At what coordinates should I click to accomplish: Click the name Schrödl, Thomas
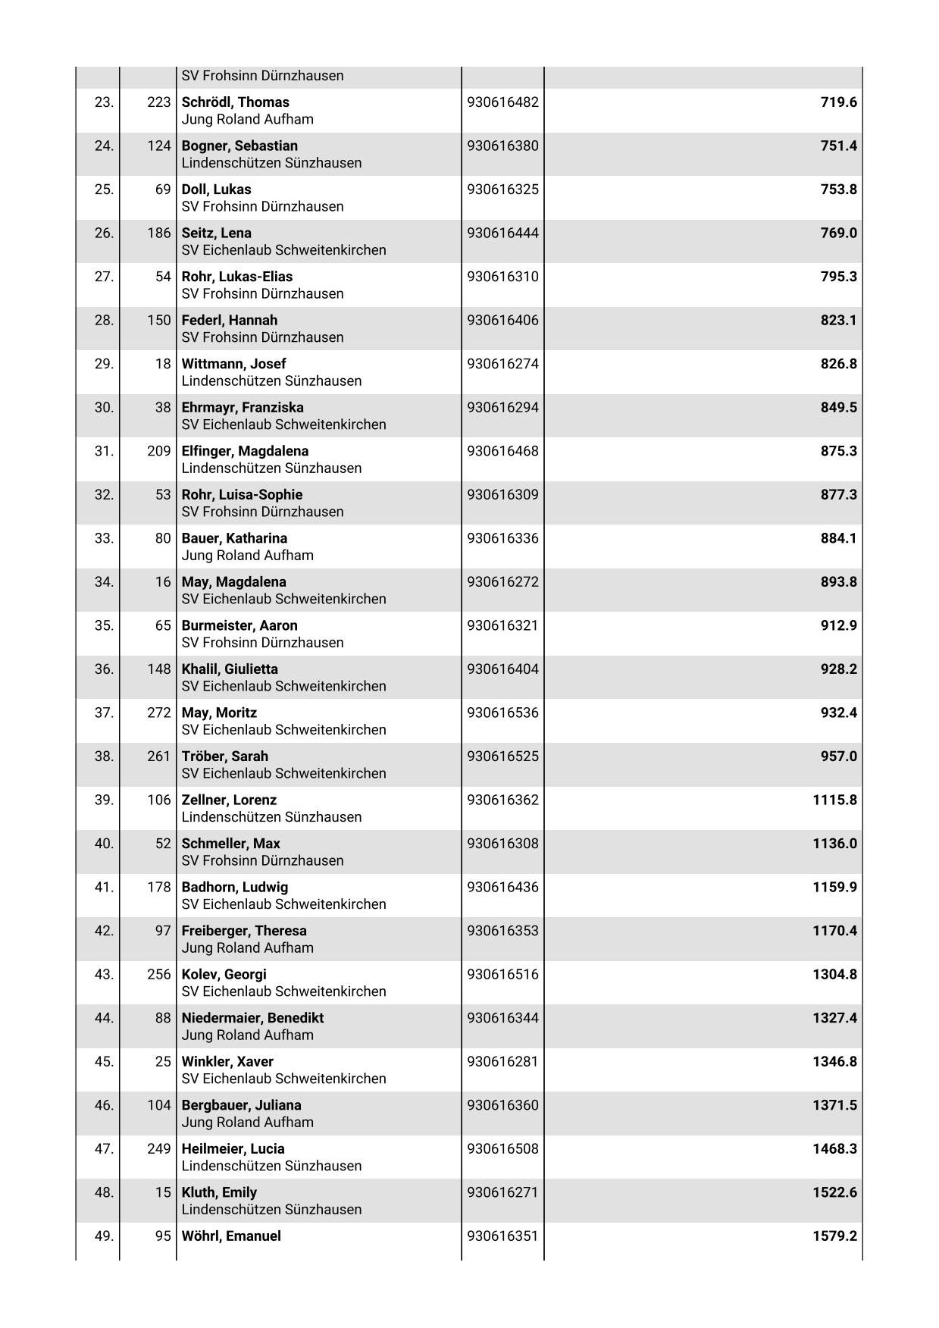(x=235, y=102)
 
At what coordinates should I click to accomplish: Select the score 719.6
(x=838, y=102)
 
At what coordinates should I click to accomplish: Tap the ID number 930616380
(x=502, y=146)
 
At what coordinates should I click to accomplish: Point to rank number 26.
(x=104, y=233)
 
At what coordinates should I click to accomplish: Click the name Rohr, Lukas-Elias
(x=236, y=277)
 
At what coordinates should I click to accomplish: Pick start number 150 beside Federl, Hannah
(x=159, y=320)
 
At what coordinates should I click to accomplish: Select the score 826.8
(x=838, y=364)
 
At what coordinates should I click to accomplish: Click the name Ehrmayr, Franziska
(x=243, y=407)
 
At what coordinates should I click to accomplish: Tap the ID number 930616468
(x=502, y=451)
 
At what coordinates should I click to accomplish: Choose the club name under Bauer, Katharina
(x=247, y=556)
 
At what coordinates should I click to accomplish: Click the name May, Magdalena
(x=233, y=582)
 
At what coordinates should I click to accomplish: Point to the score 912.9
(x=838, y=625)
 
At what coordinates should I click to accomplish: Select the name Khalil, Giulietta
(x=230, y=669)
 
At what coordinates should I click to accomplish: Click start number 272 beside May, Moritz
(x=159, y=713)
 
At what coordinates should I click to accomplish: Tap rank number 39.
(x=104, y=800)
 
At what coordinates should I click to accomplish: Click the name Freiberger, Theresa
(x=244, y=931)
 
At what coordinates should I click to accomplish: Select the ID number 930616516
(x=502, y=974)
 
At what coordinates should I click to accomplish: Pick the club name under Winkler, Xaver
(x=283, y=1079)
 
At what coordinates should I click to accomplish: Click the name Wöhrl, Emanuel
(x=231, y=1236)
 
